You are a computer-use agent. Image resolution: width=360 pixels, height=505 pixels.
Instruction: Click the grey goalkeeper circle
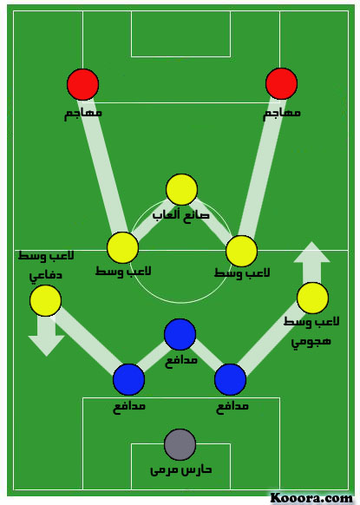click(x=180, y=444)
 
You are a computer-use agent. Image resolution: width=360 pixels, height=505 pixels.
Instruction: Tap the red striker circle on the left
click(x=82, y=84)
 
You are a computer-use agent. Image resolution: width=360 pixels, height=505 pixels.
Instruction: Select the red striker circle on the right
click(x=281, y=83)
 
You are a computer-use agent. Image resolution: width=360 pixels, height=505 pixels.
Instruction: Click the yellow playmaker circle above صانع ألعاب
click(x=181, y=189)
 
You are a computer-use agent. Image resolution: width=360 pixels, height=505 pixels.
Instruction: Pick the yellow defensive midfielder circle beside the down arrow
click(x=45, y=300)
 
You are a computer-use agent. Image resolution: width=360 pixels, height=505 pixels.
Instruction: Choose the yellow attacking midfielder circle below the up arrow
click(x=312, y=298)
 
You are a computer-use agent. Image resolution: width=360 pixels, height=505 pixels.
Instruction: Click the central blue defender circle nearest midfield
click(x=180, y=334)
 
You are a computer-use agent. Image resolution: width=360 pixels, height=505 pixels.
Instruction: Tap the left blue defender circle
click(x=128, y=379)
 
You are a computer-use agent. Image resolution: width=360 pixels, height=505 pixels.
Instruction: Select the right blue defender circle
click(x=230, y=379)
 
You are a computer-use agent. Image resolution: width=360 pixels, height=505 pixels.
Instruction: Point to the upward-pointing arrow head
click(x=311, y=252)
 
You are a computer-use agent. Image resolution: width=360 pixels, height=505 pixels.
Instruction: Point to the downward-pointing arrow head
click(x=46, y=346)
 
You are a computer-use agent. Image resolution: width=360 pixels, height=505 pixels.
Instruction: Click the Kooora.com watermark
click(x=311, y=498)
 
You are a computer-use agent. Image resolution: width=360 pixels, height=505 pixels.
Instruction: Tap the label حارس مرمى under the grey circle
click(x=181, y=470)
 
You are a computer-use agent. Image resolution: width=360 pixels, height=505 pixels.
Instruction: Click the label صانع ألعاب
click(x=181, y=215)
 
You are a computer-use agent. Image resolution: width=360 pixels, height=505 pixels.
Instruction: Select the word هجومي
click(x=311, y=341)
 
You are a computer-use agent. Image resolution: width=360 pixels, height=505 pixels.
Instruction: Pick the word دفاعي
click(x=45, y=276)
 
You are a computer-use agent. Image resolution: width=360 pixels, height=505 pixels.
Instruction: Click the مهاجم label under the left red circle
click(x=83, y=114)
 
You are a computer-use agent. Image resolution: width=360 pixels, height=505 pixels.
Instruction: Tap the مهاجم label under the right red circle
click(x=282, y=114)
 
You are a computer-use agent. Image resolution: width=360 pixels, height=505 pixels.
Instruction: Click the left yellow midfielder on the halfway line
click(x=122, y=247)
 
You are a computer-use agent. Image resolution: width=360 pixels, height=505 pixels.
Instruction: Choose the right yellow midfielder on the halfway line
click(x=241, y=251)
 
